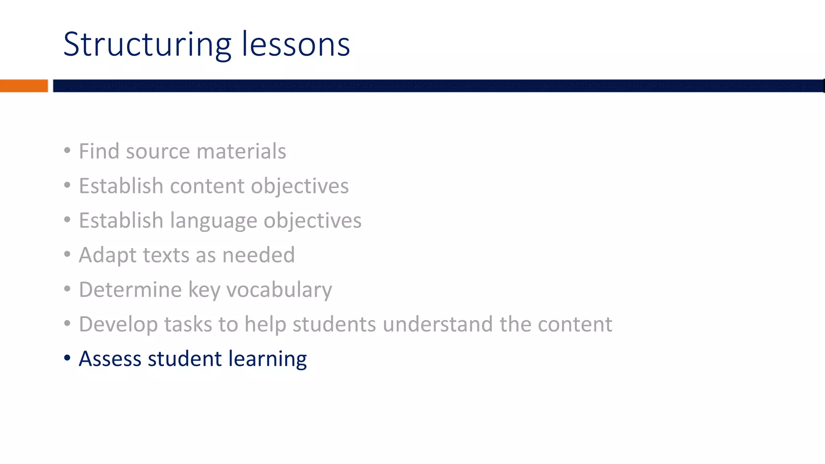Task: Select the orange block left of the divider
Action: click(24, 86)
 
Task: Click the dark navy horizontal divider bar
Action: click(438, 86)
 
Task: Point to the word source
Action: click(158, 152)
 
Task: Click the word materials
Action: click(241, 152)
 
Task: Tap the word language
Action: click(214, 221)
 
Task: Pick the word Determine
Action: click(130, 290)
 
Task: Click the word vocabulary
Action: click(279, 290)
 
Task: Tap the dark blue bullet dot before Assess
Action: click(67, 358)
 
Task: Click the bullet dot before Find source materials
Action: click(67, 151)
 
